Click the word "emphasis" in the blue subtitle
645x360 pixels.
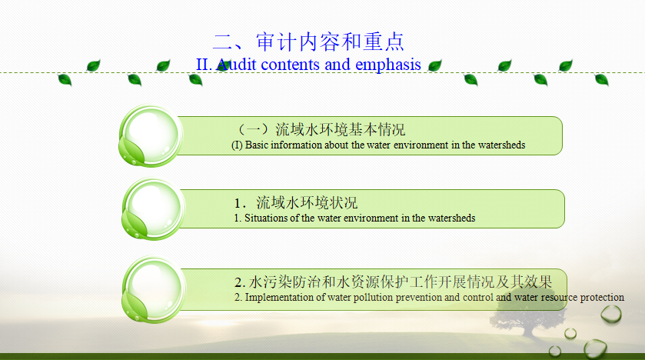tap(388, 65)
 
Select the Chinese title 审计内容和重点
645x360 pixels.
tap(330, 42)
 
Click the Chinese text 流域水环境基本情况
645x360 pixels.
tap(341, 129)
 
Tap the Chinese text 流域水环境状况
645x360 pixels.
tap(307, 203)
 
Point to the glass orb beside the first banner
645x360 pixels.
tap(151, 136)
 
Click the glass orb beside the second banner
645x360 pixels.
tap(153, 209)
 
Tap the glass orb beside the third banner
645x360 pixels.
tap(154, 289)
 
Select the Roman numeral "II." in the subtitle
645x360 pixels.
tap(204, 65)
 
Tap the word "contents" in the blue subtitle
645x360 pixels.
tap(290, 65)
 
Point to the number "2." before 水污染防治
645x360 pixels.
tap(240, 282)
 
